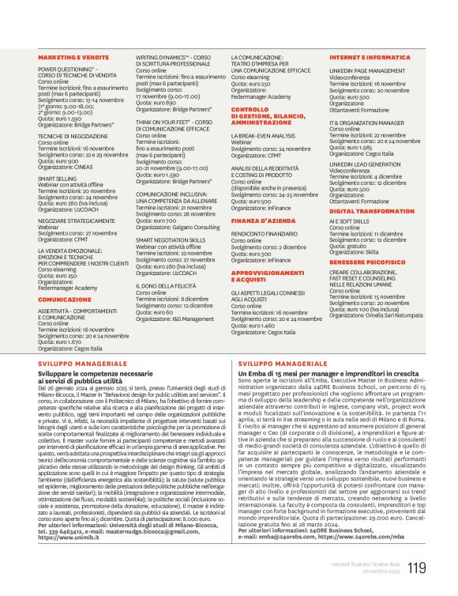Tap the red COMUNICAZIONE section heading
[x=65, y=300]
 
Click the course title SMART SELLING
[x=58, y=179]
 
